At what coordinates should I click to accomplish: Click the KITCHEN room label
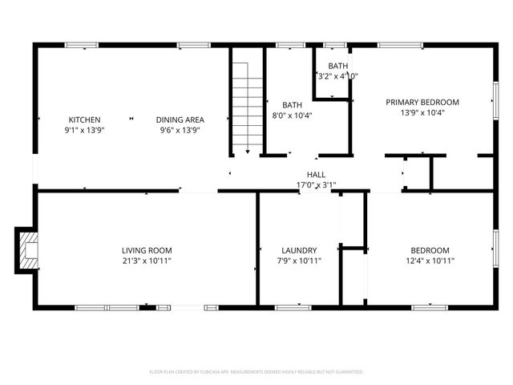tap(84, 120)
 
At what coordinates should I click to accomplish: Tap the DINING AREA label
tap(180, 120)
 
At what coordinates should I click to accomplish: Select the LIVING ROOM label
tap(147, 250)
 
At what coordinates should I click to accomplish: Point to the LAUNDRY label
tap(299, 250)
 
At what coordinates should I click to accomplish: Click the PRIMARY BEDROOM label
tap(422, 102)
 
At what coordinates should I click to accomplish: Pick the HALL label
tap(316, 174)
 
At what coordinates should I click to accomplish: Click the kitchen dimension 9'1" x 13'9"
tap(84, 130)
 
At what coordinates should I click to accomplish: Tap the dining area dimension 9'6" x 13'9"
tap(180, 130)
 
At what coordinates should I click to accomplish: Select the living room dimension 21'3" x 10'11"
tap(147, 261)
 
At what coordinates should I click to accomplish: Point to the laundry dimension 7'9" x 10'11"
tap(299, 261)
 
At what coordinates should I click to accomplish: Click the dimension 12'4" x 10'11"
tap(430, 261)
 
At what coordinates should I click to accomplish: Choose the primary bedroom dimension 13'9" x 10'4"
tap(422, 112)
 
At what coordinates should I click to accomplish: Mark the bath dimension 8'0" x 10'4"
tap(292, 115)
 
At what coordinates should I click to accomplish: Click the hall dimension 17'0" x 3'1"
tap(316, 185)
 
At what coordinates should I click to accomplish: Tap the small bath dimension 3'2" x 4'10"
tap(337, 76)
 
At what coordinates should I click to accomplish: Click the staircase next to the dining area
tap(248, 100)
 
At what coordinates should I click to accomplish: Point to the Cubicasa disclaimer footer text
tap(256, 371)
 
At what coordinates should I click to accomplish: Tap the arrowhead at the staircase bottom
tap(248, 151)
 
